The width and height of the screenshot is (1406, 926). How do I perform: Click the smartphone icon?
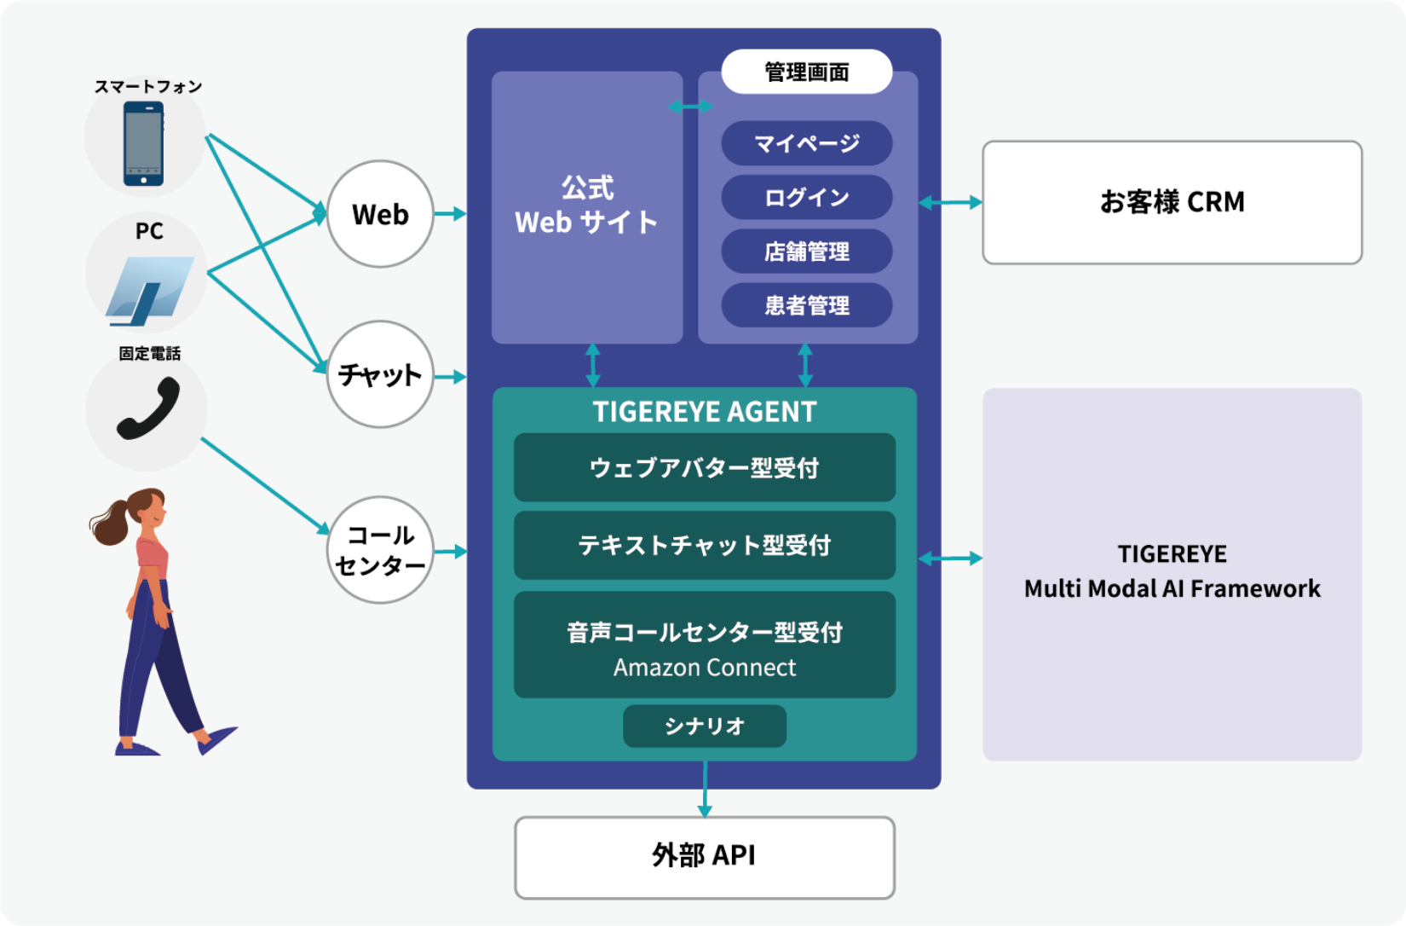[x=143, y=142]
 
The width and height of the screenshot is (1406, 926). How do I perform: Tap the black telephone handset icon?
[x=148, y=408]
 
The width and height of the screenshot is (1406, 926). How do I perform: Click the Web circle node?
[x=380, y=214]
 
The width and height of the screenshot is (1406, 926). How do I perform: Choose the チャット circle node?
[x=380, y=374]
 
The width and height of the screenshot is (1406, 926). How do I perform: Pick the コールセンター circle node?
[x=380, y=550]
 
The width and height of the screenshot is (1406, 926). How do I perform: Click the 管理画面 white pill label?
[x=806, y=72]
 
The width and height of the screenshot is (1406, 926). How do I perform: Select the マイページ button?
[x=806, y=143]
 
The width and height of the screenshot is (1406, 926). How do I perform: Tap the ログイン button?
[x=806, y=198]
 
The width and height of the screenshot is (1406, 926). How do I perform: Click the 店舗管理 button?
[x=806, y=252]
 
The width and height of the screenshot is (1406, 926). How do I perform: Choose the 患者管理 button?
[x=806, y=305]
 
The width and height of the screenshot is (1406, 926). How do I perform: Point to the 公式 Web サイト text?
[x=587, y=205]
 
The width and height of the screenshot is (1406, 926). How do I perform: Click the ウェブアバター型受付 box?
[x=704, y=467]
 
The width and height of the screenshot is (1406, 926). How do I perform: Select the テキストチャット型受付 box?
[x=704, y=545]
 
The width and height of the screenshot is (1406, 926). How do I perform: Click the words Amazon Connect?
[x=704, y=668]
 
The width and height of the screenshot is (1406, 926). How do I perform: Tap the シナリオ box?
[x=704, y=726]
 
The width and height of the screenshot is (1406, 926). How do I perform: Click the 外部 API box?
[x=704, y=856]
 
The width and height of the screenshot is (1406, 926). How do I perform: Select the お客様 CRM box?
[x=1172, y=202]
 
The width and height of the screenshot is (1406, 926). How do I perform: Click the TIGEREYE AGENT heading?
[x=704, y=412]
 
